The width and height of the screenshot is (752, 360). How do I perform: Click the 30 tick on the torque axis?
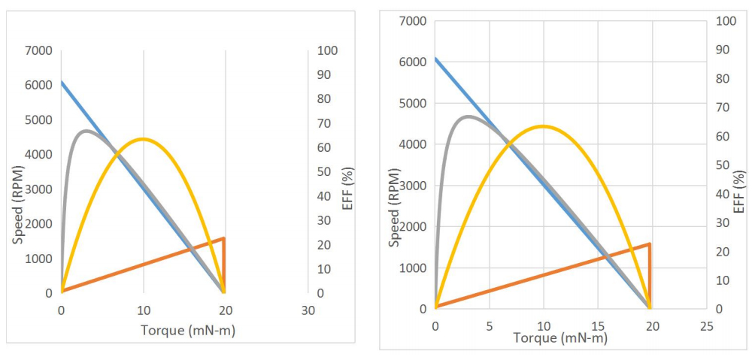308,310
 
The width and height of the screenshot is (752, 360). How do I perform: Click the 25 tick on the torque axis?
706,325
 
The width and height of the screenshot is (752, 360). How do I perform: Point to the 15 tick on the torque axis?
598,325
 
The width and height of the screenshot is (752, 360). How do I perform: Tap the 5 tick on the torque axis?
489,325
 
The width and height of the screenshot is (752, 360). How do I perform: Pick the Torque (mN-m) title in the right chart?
560,337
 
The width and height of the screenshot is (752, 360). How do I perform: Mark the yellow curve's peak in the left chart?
143,138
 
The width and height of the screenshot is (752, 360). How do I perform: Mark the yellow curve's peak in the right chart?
542,126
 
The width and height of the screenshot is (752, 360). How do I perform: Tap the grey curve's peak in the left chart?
85,130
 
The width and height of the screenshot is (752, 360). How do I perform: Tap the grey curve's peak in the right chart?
468,116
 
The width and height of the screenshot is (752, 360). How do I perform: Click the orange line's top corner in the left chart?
224,237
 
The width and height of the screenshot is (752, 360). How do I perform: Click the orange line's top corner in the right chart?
650,244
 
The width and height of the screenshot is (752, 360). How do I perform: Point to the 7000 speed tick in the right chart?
413,20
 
